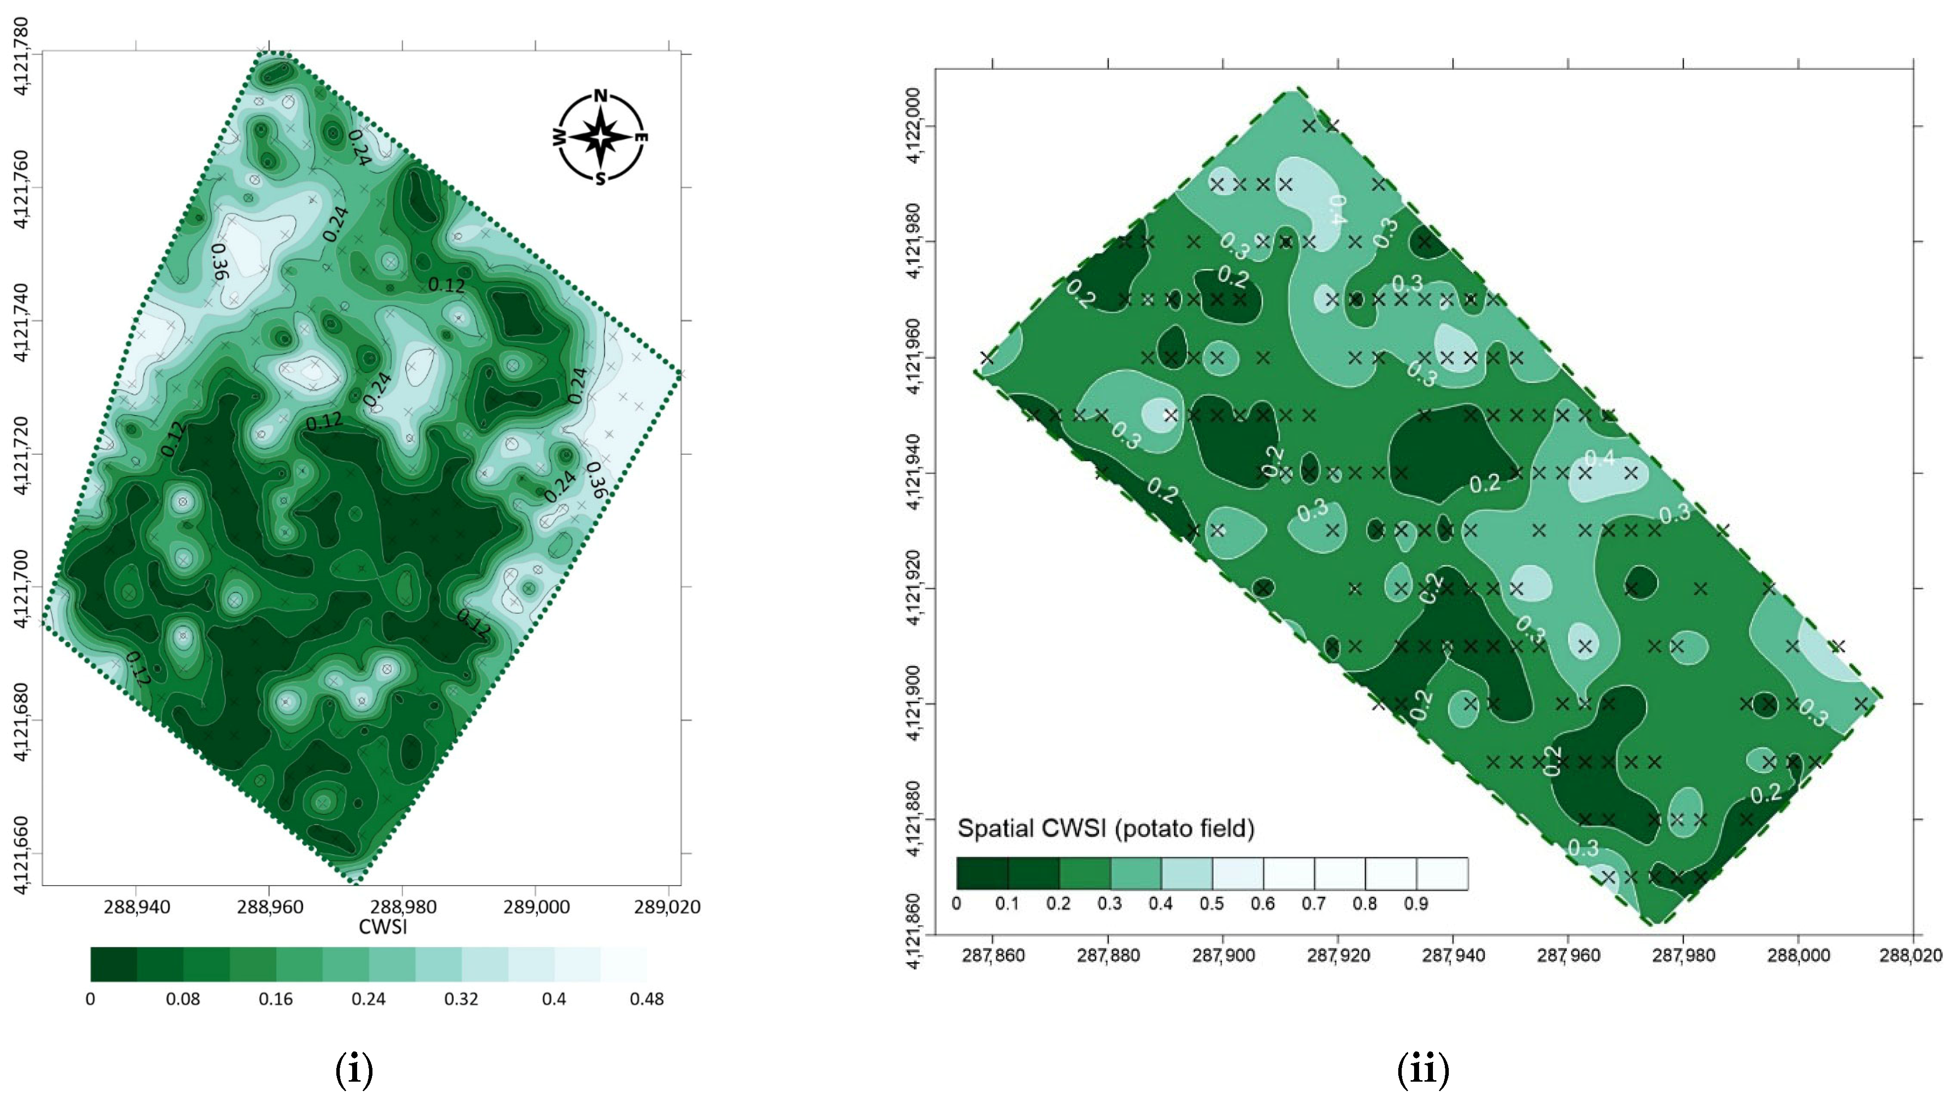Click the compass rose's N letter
click(600, 96)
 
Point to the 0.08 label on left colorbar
click(183, 999)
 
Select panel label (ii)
click(1423, 1070)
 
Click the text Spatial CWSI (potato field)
click(1106, 829)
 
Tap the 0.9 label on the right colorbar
click(1416, 903)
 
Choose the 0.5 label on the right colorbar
click(1212, 903)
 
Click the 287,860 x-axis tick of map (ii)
click(993, 955)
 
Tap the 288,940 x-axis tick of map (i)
click(137, 906)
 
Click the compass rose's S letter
click(600, 179)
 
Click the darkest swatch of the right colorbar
click(982, 873)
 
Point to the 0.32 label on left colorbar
click(461, 999)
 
